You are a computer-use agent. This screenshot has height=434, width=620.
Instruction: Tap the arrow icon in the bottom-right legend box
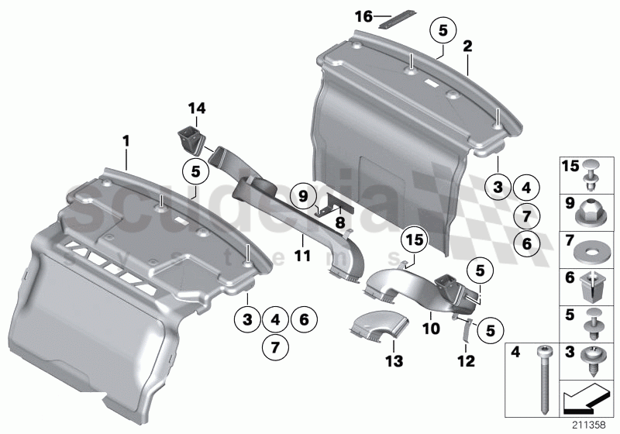(x=582, y=400)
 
